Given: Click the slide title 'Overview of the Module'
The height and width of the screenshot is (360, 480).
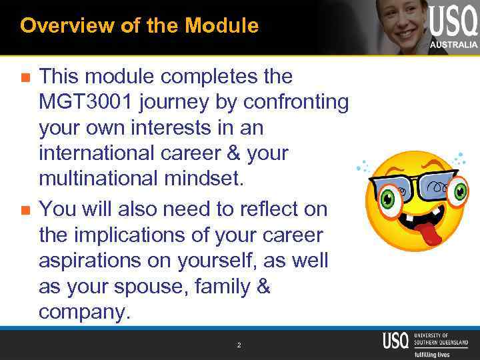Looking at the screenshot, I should [x=139, y=26].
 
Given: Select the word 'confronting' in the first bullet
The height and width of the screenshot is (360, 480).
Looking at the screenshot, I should [x=296, y=102].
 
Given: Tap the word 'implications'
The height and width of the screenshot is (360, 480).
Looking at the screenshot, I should [x=136, y=235].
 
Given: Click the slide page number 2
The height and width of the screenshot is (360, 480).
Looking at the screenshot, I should [x=239, y=345].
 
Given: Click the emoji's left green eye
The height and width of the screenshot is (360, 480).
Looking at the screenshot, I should [x=388, y=199].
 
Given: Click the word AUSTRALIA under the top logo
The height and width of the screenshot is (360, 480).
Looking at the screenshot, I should [x=453, y=44].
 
